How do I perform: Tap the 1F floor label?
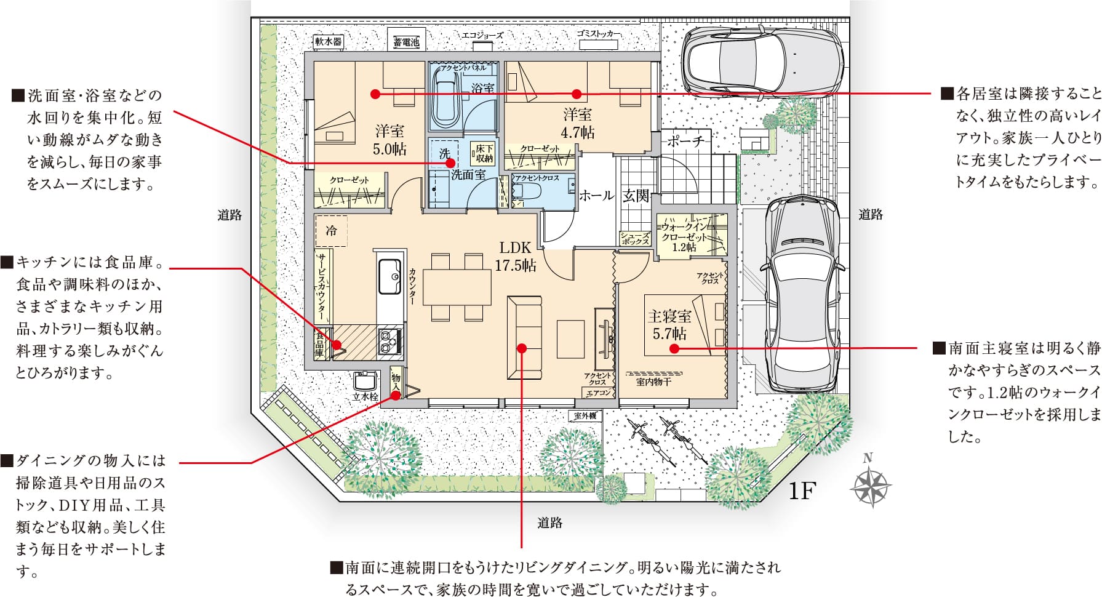pos(802,491)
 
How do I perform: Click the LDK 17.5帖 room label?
pos(516,256)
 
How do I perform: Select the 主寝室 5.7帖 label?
pos(669,325)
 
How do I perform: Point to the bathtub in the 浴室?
pos(449,98)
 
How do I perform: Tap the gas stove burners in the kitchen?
pos(389,340)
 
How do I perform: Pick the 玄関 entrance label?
pos(636,196)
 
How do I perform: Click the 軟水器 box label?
pos(328,41)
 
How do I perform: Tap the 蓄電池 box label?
pos(406,42)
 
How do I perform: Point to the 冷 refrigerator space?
pos(331,231)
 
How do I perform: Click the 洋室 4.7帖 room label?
pos(578,123)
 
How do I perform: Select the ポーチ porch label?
pos(685,141)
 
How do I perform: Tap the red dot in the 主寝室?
pos(674,348)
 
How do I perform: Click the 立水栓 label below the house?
pos(365,397)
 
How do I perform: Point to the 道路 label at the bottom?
pos(549,523)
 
